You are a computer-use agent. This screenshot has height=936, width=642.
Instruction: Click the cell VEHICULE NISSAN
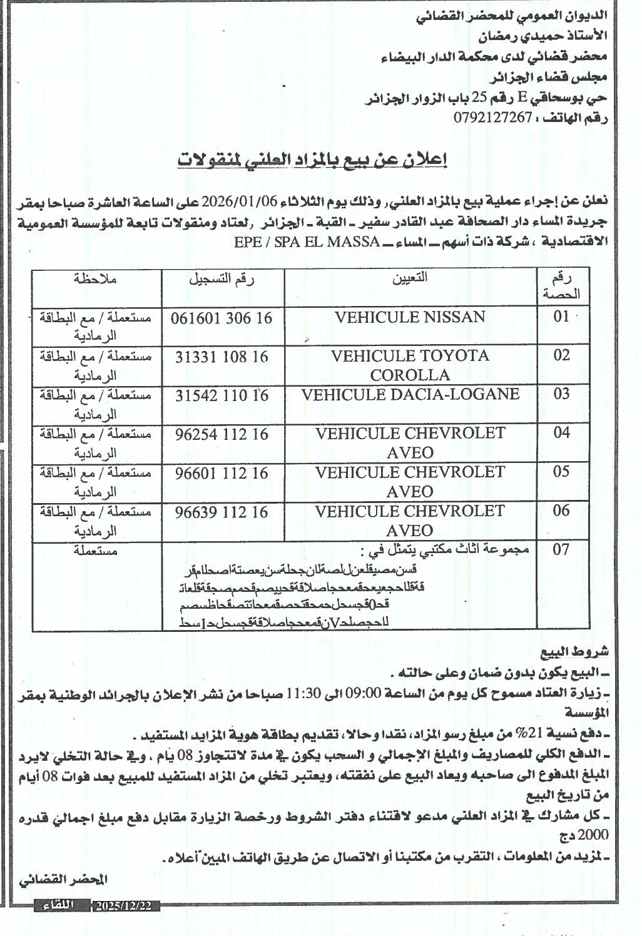410,317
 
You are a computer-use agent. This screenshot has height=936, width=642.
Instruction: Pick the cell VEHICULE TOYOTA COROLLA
410,365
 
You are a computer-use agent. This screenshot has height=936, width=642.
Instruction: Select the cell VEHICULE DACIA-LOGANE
410,394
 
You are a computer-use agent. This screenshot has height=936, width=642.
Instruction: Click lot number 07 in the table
561,550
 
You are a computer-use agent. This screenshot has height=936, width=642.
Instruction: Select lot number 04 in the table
561,433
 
